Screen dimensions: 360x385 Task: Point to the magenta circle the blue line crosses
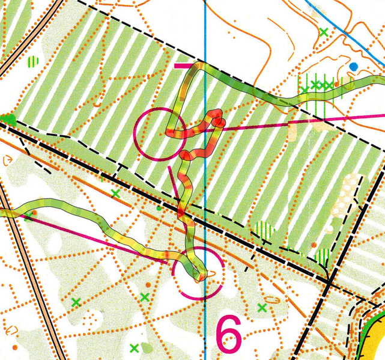pyautogui.click(x=198, y=274)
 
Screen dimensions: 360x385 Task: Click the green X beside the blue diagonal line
pyautogui.click(x=324, y=32)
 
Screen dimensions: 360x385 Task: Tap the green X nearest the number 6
pyautogui.click(x=262, y=308)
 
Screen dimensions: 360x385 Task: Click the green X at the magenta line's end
pyautogui.click(x=28, y=216)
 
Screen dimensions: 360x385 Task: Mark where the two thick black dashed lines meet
pyautogui.click(x=329, y=281)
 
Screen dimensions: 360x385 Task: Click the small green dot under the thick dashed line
pyautogui.click(x=159, y=208)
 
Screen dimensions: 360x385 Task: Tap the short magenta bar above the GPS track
pyautogui.click(x=184, y=64)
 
